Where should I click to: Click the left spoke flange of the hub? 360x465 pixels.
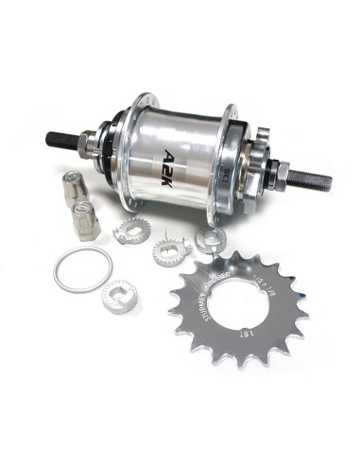coord(135,146)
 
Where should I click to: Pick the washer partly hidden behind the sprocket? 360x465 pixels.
coord(209,240)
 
